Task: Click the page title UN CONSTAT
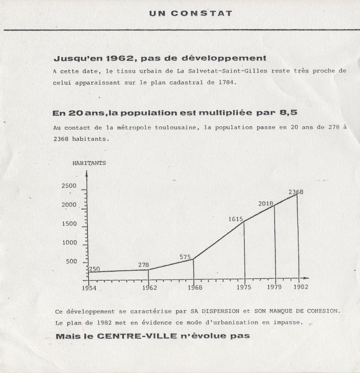pyautogui.click(x=190, y=14)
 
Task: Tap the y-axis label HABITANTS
pyautogui.click(x=89, y=163)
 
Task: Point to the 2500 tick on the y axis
pyautogui.click(x=69, y=186)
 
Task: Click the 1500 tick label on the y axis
pyautogui.click(x=69, y=224)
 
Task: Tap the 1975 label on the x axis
pyautogui.click(x=244, y=287)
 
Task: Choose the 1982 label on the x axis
pyautogui.click(x=300, y=287)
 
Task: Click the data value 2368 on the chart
pyautogui.click(x=296, y=192)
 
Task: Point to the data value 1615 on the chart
pyautogui.click(x=236, y=219)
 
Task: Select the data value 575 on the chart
pyautogui.click(x=185, y=257)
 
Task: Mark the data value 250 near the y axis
pyautogui.click(x=94, y=269)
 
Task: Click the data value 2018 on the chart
pyautogui.click(x=266, y=204)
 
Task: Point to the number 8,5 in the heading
pyautogui.click(x=288, y=113)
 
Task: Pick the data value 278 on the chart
pyautogui.click(x=143, y=265)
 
